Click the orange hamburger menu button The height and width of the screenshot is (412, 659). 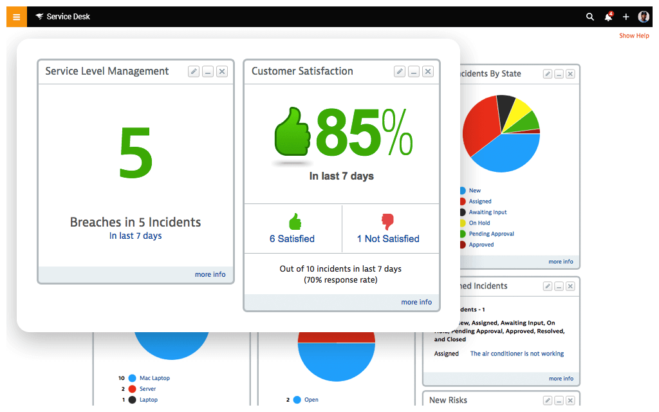pyautogui.click(x=17, y=17)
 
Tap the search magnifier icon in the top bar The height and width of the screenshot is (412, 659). pyautogui.click(x=590, y=17)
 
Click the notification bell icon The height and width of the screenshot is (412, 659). pyautogui.click(x=608, y=17)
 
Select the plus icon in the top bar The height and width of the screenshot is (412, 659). pyautogui.click(x=626, y=17)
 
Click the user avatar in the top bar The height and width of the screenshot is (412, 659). pyautogui.click(x=644, y=17)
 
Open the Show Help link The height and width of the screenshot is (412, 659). pyautogui.click(x=634, y=36)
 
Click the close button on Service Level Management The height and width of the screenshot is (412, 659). pyautogui.click(x=222, y=71)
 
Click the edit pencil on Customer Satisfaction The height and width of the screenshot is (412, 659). pyautogui.click(x=400, y=71)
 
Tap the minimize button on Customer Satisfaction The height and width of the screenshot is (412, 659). pyautogui.click(x=414, y=71)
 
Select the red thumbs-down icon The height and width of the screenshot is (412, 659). pyautogui.click(x=387, y=222)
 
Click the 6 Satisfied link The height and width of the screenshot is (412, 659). pyautogui.click(x=292, y=239)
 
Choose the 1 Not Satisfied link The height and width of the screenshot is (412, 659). pyautogui.click(x=388, y=239)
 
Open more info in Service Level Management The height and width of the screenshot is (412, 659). pyautogui.click(x=210, y=274)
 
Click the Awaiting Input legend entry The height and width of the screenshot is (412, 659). pyautogui.click(x=487, y=212)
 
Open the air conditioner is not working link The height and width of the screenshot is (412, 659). pyautogui.click(x=517, y=353)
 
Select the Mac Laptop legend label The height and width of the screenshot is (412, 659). pyautogui.click(x=154, y=378)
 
